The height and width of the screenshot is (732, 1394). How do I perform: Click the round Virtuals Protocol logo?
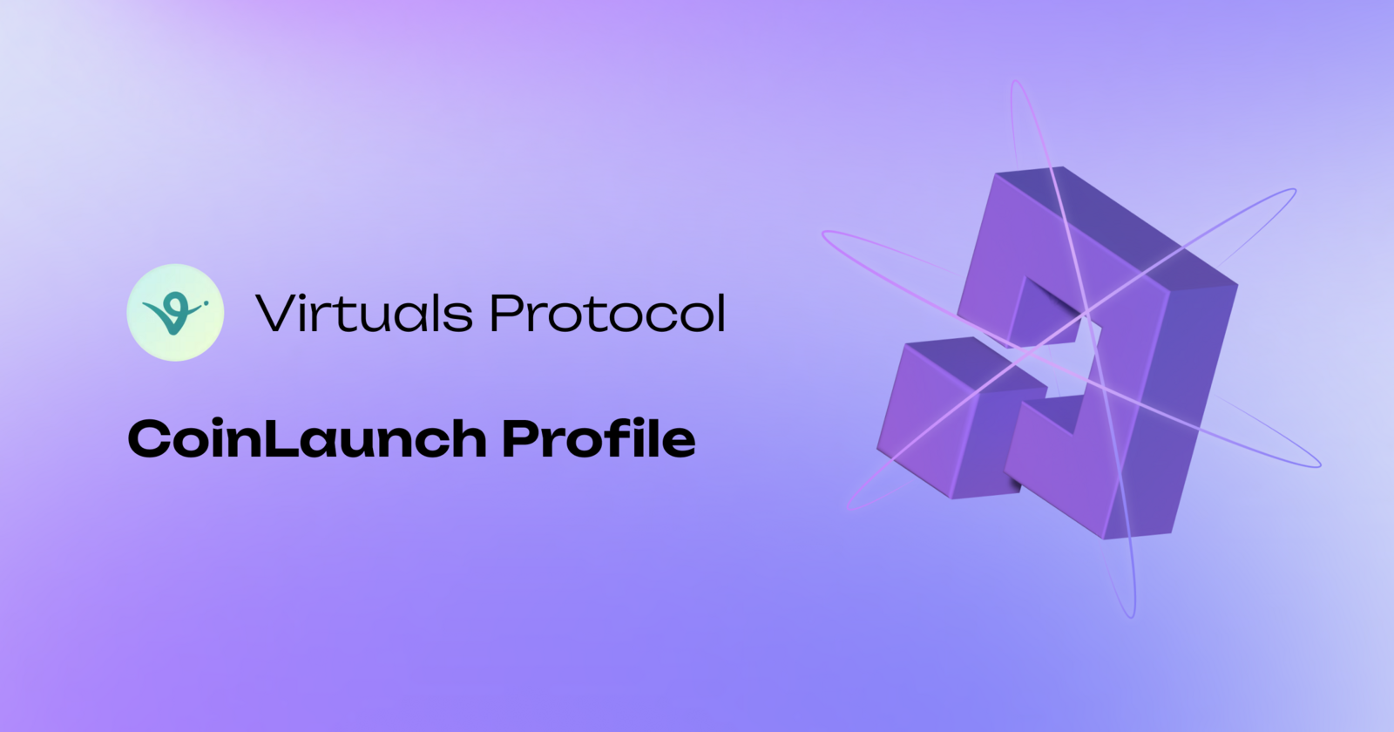(x=175, y=313)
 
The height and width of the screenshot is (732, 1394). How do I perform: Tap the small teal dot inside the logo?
(x=206, y=302)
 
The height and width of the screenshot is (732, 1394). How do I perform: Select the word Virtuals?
(x=364, y=313)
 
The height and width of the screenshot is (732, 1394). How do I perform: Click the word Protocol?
(x=607, y=313)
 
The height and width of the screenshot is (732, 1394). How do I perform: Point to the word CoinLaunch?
(x=307, y=438)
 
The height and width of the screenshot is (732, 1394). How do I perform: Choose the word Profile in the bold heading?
(x=599, y=438)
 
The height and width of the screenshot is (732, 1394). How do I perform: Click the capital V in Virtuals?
(x=278, y=313)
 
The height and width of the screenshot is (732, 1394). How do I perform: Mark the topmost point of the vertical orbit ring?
(x=1015, y=82)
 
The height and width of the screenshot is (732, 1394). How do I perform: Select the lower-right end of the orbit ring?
(x=1318, y=463)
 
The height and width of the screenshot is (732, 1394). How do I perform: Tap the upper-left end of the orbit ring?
(x=825, y=234)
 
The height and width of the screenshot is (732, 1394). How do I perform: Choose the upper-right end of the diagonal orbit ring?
(x=1293, y=191)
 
